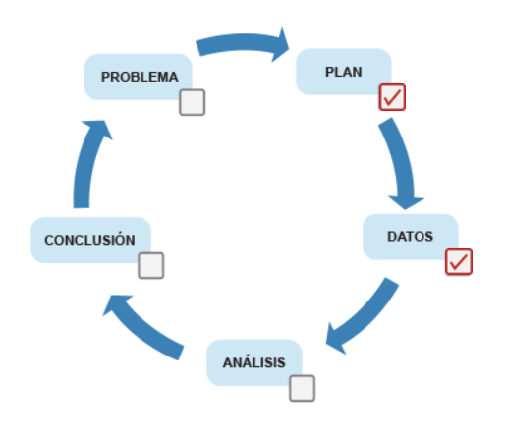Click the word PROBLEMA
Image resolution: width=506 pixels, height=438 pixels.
click(140, 77)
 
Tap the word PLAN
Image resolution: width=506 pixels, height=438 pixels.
click(344, 72)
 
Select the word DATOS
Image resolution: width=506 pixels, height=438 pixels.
click(410, 237)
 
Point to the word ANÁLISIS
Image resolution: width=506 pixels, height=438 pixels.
click(254, 361)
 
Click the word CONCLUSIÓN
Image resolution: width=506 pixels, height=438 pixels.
click(89, 239)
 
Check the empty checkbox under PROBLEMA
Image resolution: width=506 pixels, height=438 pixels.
click(193, 102)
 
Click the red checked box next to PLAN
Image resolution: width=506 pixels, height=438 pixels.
click(392, 97)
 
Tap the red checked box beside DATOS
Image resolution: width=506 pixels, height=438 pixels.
click(459, 262)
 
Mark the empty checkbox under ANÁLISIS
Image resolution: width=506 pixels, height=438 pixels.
click(303, 388)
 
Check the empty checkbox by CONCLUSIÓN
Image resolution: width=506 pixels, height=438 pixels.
click(151, 265)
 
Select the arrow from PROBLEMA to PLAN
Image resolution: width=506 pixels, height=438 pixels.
click(243, 42)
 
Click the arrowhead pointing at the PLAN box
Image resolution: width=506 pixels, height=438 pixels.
click(281, 46)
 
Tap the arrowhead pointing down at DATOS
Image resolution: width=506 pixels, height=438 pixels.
click(406, 202)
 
